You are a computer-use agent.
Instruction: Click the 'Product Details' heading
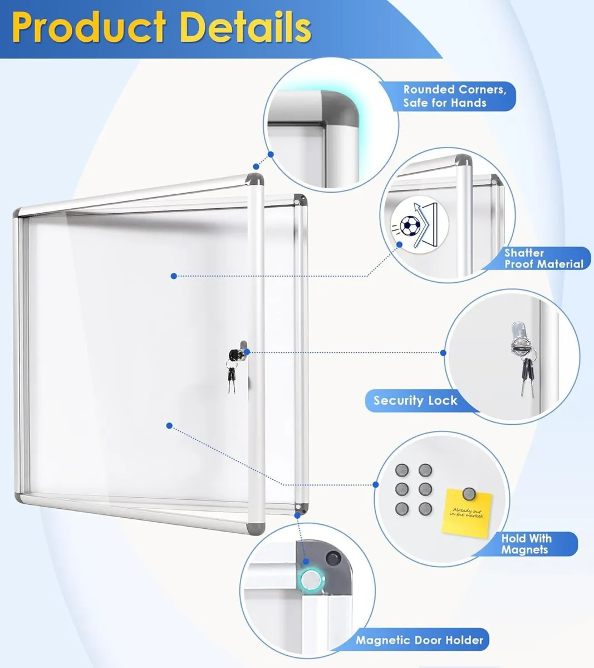click(161, 27)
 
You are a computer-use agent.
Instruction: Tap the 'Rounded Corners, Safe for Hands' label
click(454, 96)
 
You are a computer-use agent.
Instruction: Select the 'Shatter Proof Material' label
click(543, 258)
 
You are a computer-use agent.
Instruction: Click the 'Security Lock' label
click(415, 400)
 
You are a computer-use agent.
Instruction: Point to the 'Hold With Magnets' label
click(526, 544)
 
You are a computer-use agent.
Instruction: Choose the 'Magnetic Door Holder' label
click(419, 640)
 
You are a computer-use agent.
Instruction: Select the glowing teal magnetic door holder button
click(308, 579)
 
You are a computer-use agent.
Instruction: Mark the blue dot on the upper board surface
click(174, 276)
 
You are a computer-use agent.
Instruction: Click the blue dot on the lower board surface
click(169, 426)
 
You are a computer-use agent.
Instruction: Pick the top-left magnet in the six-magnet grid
click(401, 471)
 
